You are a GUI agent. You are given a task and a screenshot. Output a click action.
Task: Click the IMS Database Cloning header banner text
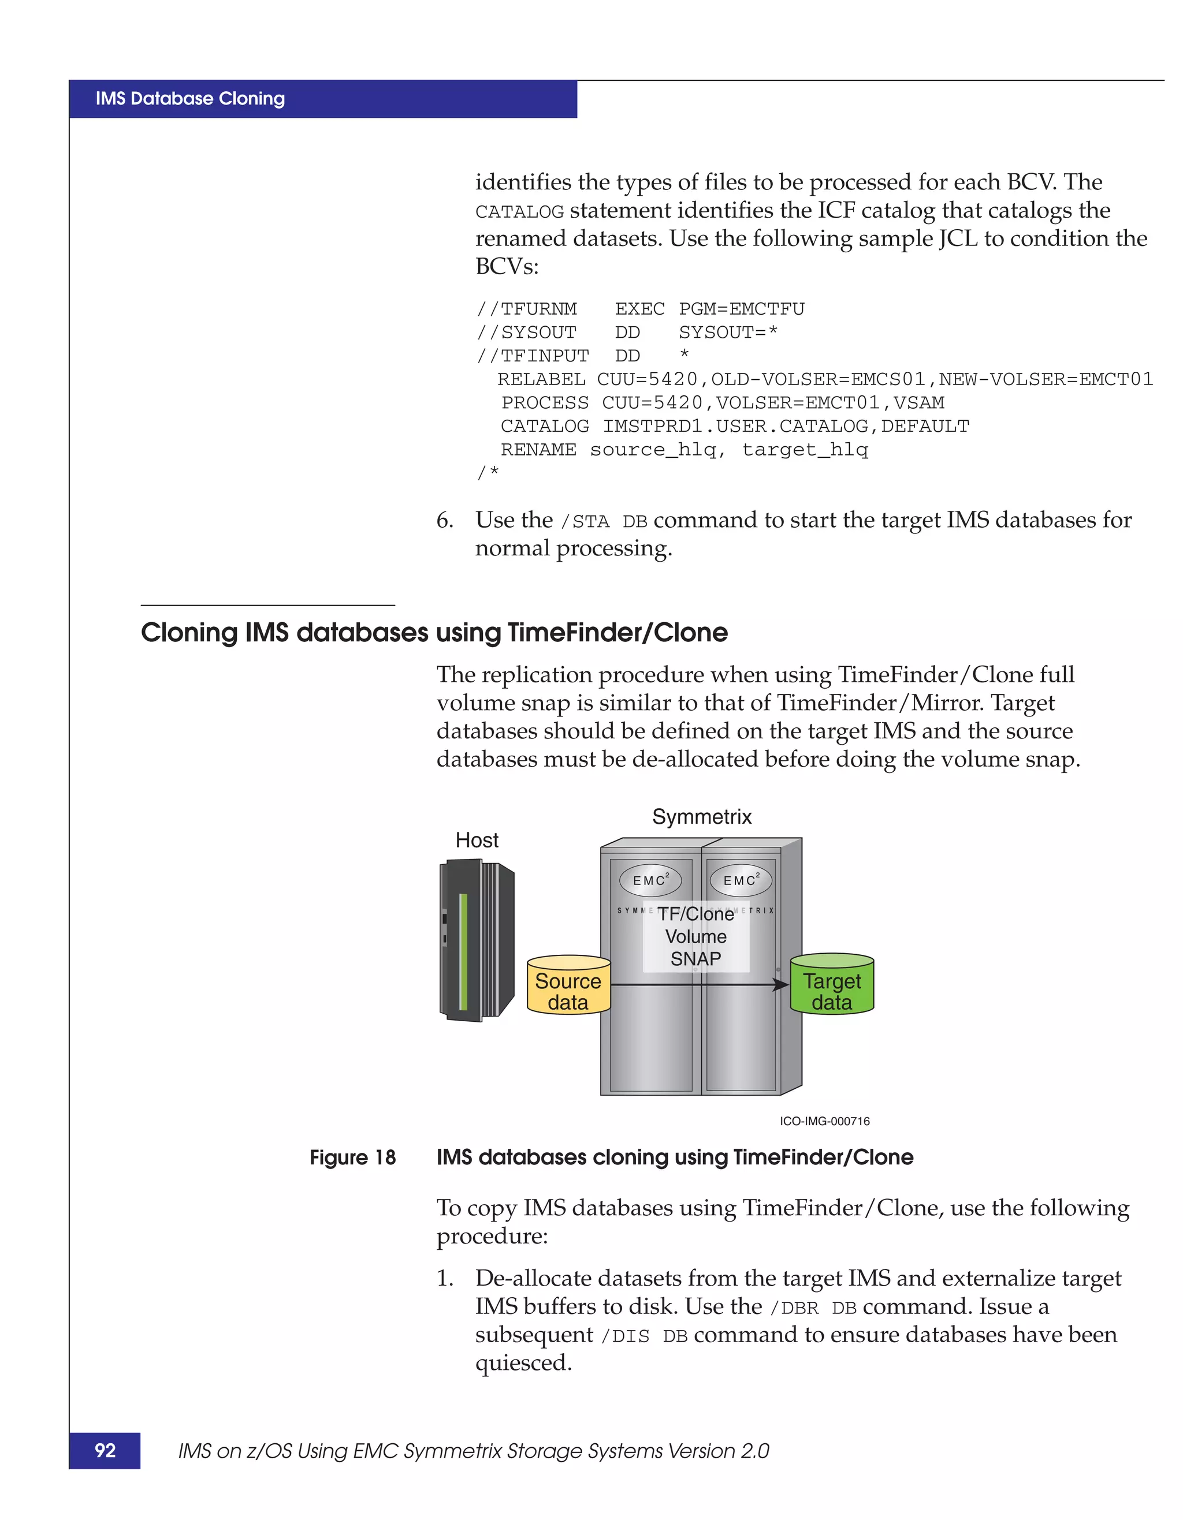click(x=190, y=99)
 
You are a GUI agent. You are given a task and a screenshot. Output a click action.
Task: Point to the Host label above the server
click(x=477, y=840)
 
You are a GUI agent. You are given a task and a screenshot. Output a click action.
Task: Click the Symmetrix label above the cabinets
click(x=701, y=816)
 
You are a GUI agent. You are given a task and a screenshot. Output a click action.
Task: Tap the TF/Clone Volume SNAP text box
click(x=695, y=936)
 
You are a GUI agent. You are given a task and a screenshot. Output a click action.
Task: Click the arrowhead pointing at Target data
click(x=781, y=984)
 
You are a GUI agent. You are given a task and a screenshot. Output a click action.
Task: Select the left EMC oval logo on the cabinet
click(x=650, y=880)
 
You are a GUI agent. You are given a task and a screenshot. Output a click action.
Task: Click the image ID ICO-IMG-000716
click(x=824, y=1121)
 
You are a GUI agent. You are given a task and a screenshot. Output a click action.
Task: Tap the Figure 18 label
click(x=352, y=1157)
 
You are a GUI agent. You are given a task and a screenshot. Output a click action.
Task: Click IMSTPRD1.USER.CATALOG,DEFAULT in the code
click(x=786, y=426)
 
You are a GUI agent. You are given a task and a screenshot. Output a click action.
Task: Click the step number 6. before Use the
click(x=444, y=521)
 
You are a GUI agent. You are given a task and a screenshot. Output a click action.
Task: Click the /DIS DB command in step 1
click(x=644, y=1336)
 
